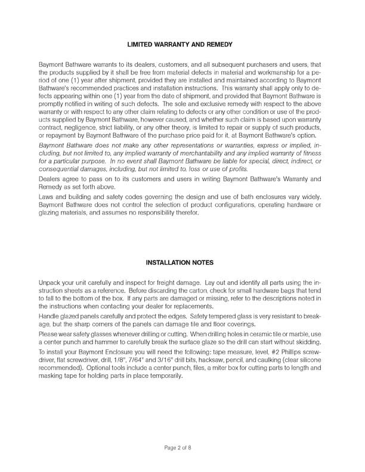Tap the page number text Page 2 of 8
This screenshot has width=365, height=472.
(x=182, y=446)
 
